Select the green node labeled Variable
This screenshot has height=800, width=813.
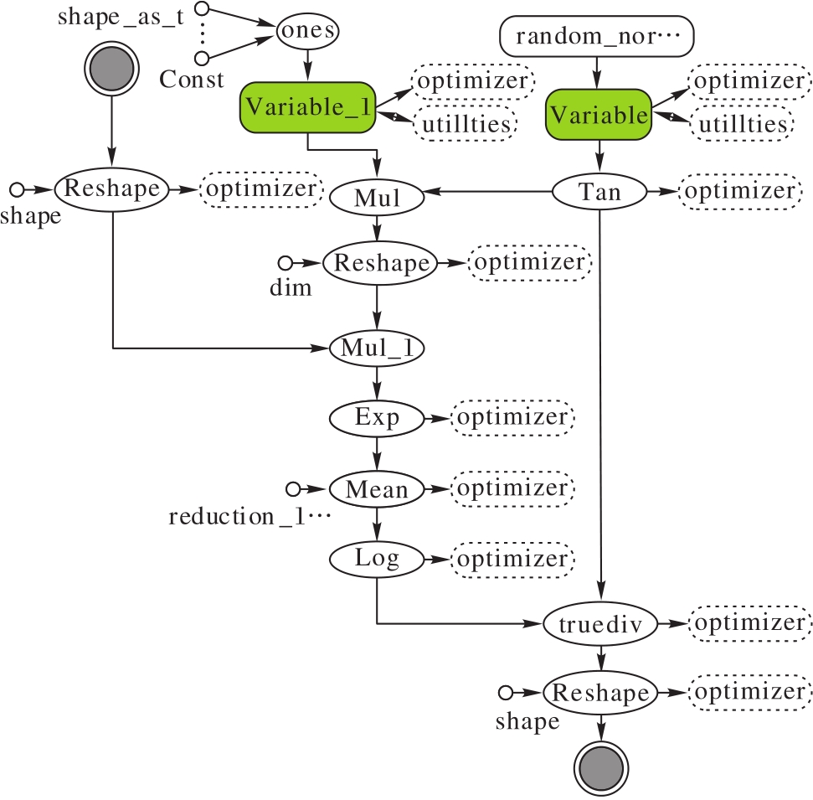pos(599,115)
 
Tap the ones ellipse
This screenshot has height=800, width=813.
pos(307,31)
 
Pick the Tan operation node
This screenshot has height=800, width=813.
pos(599,193)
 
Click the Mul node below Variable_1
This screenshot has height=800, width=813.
pos(377,199)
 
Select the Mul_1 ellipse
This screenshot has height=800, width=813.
pos(378,348)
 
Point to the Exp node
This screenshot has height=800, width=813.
pos(377,416)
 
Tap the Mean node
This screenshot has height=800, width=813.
pos(377,488)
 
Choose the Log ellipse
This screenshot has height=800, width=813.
pos(377,558)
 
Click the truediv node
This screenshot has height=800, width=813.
pos(599,623)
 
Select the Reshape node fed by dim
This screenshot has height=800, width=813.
pos(382,262)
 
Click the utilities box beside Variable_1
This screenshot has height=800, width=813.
pos(465,125)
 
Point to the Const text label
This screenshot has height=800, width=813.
pos(193,80)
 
